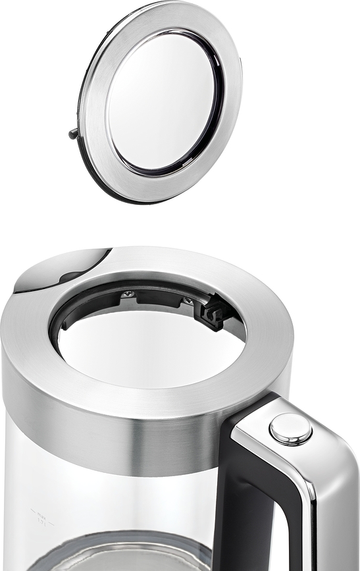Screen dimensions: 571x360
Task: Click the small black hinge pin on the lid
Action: click(73, 134)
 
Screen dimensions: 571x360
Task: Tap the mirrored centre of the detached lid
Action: click(162, 102)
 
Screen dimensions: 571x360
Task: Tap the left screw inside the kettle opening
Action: click(128, 294)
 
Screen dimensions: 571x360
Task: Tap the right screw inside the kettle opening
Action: click(189, 301)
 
